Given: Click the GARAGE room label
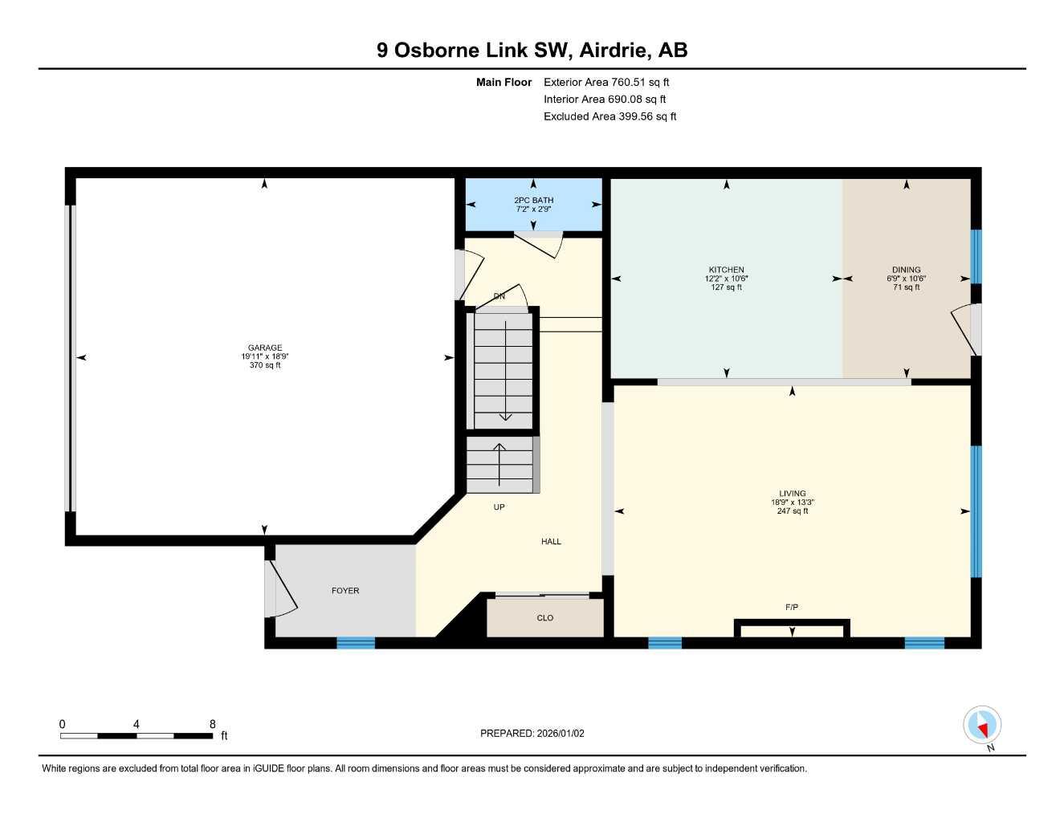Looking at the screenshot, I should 265,348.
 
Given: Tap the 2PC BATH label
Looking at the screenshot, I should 534,201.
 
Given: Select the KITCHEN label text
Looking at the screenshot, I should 726,270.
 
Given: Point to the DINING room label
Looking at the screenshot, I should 907,270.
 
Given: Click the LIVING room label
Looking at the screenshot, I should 792,494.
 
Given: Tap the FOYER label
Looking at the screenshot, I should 345,591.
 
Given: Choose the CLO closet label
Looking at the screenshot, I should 545,618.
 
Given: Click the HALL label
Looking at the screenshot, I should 551,542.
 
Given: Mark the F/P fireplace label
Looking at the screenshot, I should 792,608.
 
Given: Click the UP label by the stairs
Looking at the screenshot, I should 499,507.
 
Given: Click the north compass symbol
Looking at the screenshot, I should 982,726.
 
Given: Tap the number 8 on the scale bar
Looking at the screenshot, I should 213,724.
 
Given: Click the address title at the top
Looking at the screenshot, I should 532,51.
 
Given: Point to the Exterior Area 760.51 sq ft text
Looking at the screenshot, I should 606,82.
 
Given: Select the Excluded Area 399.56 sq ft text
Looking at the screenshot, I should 609,116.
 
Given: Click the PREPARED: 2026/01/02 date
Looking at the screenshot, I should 532,733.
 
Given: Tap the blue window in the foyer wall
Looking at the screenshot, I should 356,642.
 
